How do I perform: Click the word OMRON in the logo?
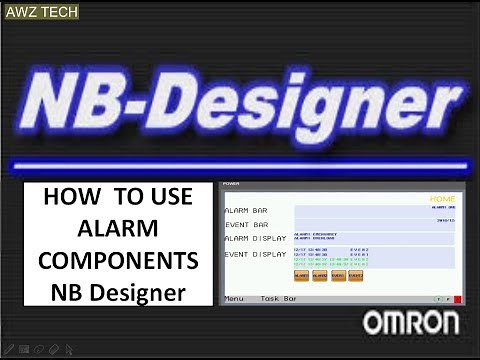(x=411, y=323)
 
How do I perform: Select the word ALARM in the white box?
(x=118, y=228)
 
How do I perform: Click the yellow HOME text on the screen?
(x=441, y=199)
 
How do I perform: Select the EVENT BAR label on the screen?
(x=247, y=225)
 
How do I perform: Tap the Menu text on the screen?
(x=234, y=299)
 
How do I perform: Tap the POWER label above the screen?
(x=231, y=185)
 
